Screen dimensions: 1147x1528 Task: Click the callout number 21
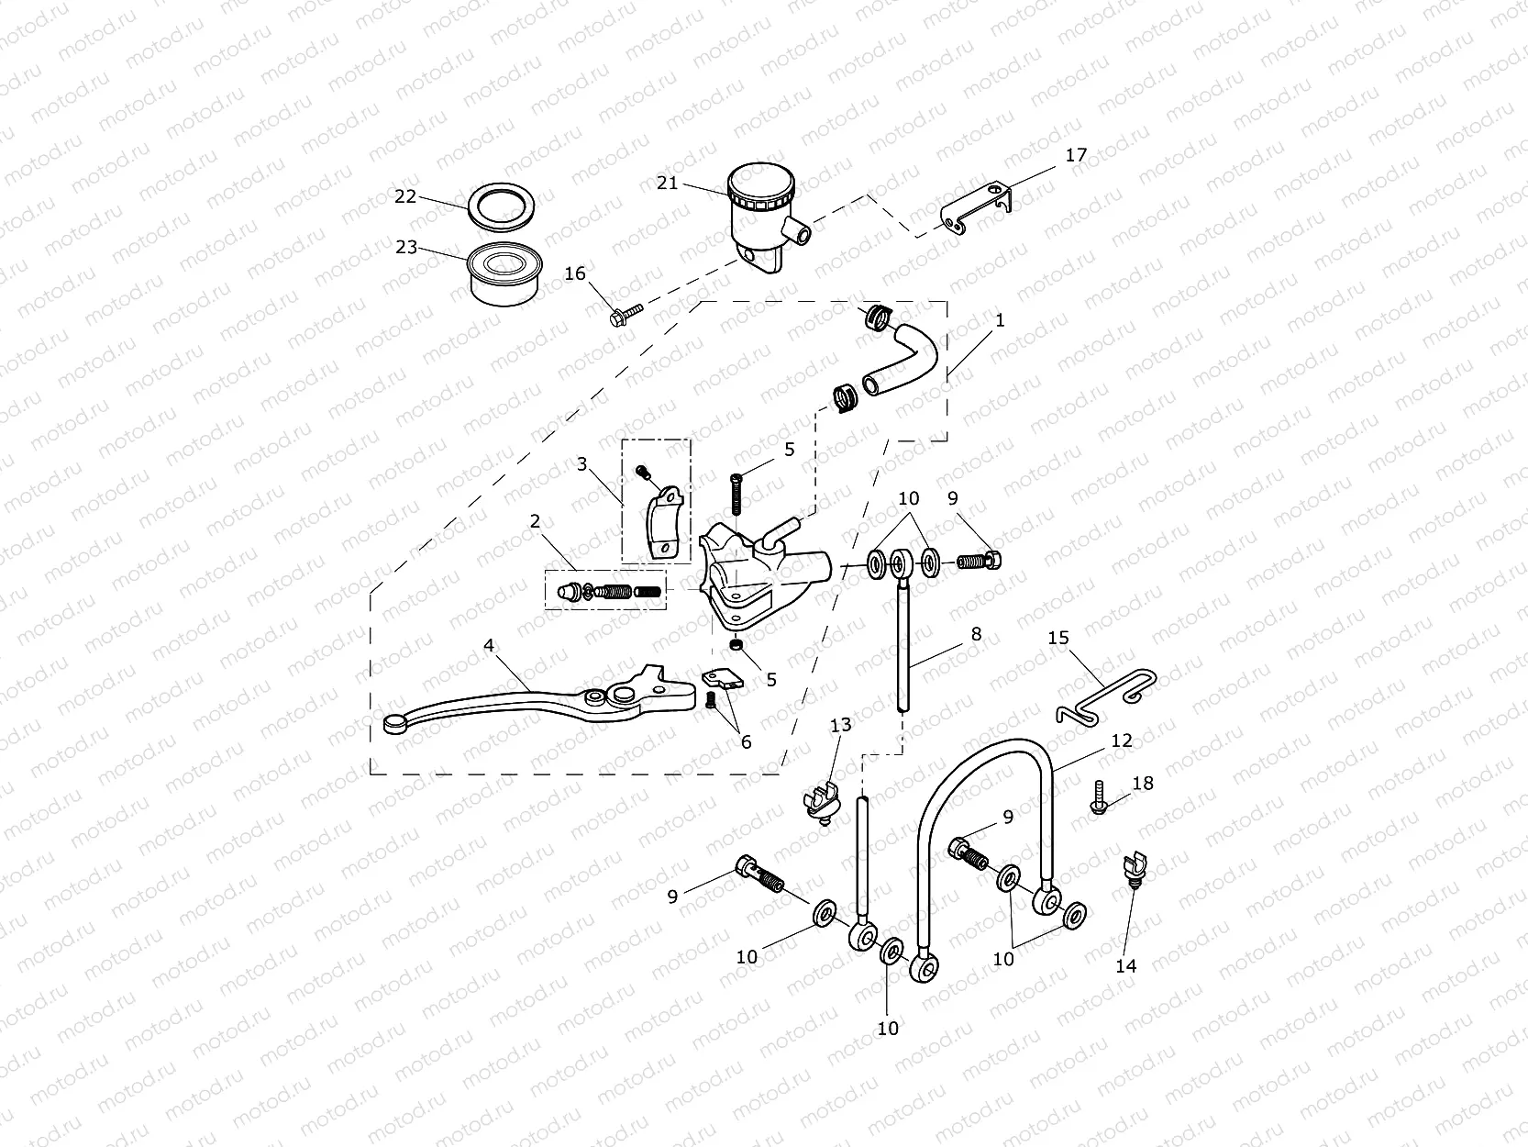667,183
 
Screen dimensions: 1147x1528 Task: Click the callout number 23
406,248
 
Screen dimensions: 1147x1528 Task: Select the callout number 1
1000,320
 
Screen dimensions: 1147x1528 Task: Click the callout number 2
535,521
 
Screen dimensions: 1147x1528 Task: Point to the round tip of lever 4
394,725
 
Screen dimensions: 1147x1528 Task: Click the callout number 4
489,646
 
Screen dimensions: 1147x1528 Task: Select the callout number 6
746,741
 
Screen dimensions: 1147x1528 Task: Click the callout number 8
976,634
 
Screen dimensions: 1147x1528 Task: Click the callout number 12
1122,741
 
